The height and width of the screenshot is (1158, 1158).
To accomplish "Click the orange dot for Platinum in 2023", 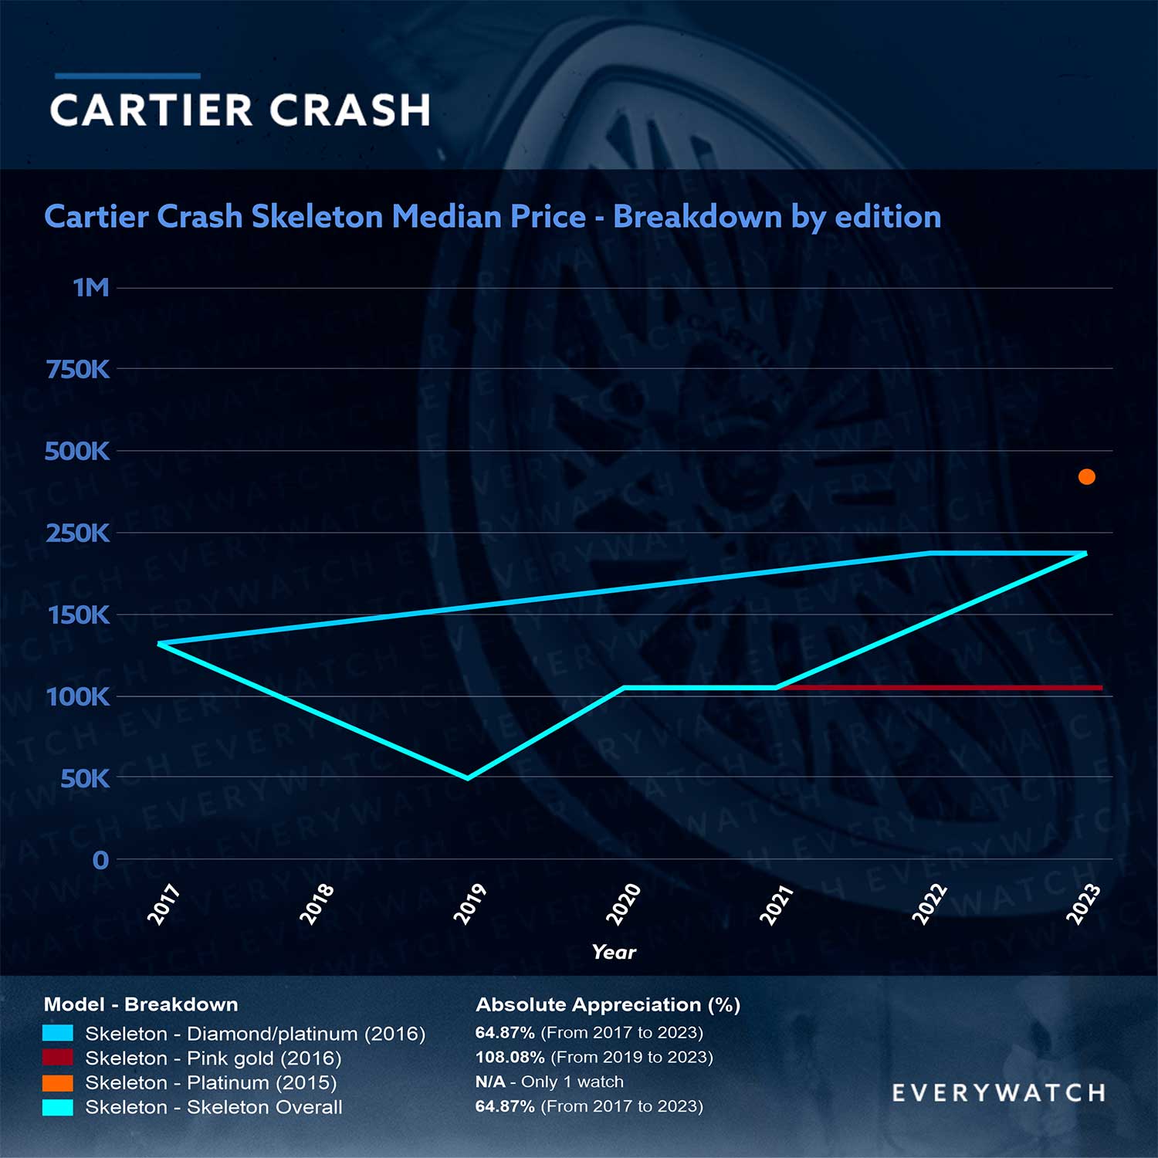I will pos(1086,477).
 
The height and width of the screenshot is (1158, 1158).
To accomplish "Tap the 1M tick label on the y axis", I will pos(91,288).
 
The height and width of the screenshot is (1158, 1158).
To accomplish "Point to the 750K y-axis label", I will pos(78,370).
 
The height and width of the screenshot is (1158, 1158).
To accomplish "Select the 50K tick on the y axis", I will pos(85,779).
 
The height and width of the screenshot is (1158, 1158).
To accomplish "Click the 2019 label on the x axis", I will pos(469,904).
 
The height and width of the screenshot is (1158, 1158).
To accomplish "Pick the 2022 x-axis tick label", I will pos(929,904).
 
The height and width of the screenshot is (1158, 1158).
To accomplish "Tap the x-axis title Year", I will pos(614,952).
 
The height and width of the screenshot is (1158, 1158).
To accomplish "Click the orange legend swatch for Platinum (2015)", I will pos(58,1083).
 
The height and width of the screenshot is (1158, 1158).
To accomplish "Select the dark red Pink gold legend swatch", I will pos(58,1058).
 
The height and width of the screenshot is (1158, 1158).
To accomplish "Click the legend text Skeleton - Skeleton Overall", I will pos(213,1107).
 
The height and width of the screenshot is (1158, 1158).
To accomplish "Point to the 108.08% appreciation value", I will pos(510,1057).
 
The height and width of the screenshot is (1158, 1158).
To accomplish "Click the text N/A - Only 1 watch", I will pos(549,1082).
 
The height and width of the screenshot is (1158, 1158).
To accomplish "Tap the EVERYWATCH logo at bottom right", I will pos(998,1093).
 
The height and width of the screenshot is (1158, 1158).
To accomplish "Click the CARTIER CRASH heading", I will pos(240,110).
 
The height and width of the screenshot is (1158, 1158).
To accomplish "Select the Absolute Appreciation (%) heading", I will pos(608,1004).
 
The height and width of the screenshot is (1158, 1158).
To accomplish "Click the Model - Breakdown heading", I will pos(141,1004).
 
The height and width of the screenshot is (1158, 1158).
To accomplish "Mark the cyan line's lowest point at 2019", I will pos(468,777).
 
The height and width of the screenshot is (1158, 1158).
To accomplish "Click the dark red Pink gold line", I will pos(942,687).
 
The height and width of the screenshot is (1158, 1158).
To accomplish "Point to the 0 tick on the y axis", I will pos(100,860).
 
